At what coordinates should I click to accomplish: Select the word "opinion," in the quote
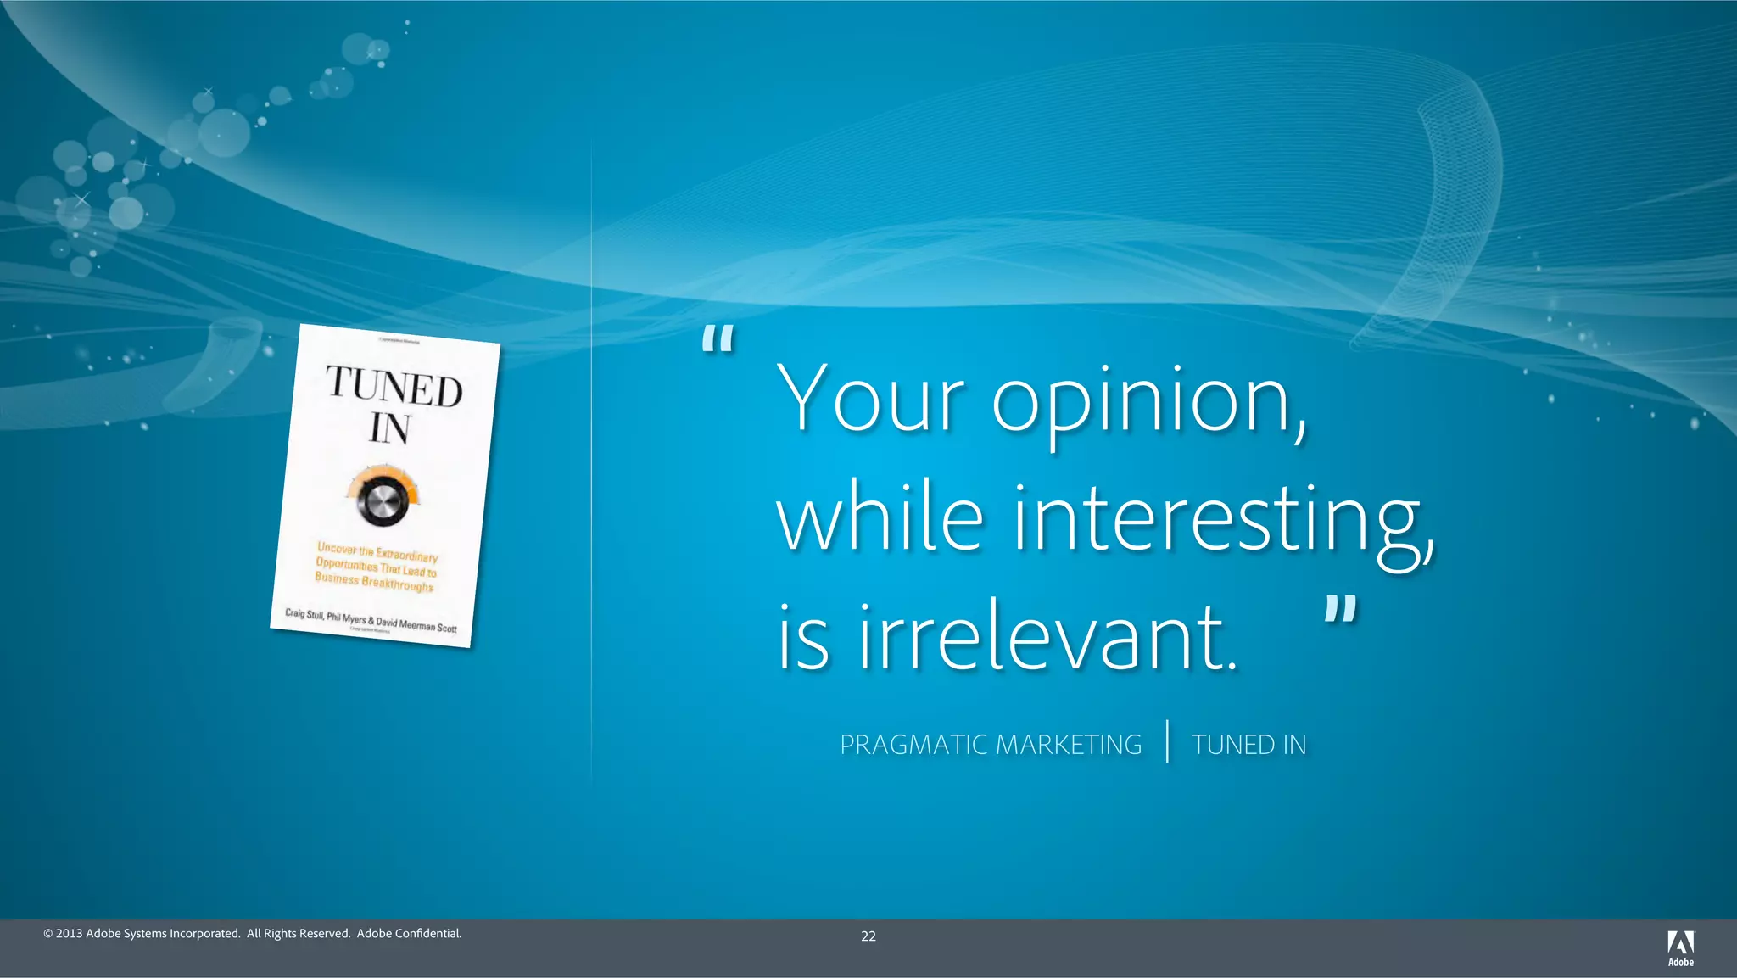(x=1150, y=403)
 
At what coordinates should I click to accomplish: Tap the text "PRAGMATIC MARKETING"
(x=991, y=745)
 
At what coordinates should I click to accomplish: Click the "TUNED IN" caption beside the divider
(x=1248, y=745)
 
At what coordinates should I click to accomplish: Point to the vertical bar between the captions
(x=1168, y=741)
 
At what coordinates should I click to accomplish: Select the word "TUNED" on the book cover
(x=394, y=386)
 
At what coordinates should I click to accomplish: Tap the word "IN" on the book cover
(x=390, y=428)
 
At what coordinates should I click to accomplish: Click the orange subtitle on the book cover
(x=376, y=567)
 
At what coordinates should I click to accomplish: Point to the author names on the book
(x=371, y=620)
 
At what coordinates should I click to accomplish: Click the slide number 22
(x=868, y=936)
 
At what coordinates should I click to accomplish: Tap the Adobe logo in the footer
(x=1680, y=947)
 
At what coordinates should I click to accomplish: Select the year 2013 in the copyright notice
(x=69, y=934)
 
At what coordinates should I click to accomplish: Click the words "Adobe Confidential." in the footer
(x=409, y=934)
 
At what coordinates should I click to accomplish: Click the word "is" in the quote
(x=802, y=638)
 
